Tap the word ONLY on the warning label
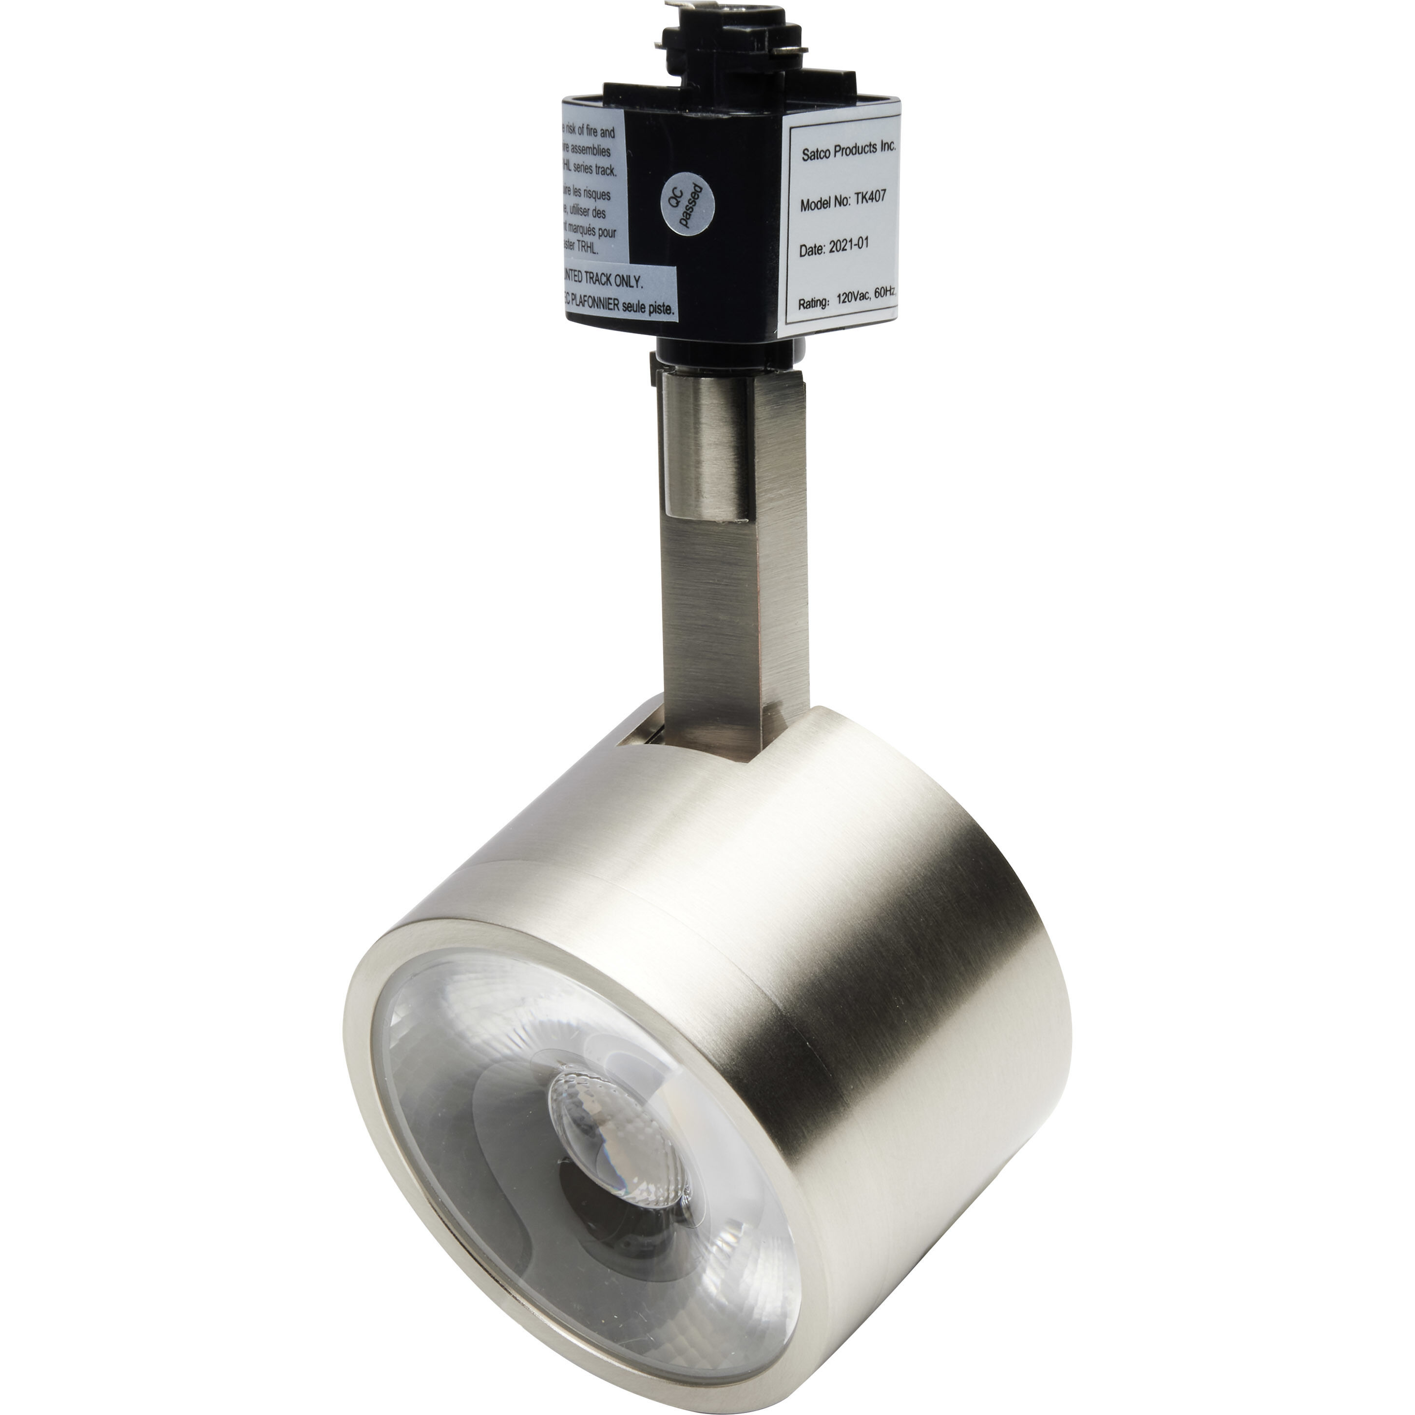628,281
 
